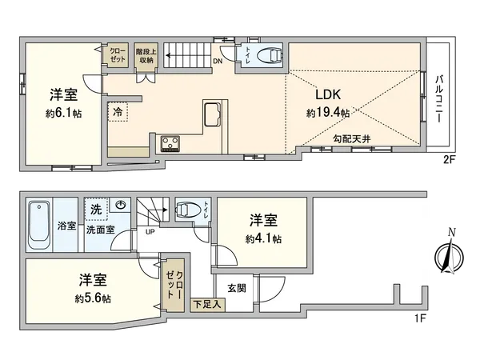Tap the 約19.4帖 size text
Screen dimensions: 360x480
[x=328, y=114]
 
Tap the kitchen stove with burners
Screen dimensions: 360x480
[x=171, y=143]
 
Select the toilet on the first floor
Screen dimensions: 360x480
[x=190, y=210]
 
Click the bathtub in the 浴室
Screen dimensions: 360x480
[x=38, y=216]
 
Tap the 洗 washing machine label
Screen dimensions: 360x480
[x=95, y=209]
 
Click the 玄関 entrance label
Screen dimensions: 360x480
[x=236, y=288]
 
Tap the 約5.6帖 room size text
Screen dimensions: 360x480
[x=93, y=298]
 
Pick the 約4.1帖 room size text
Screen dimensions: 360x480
[x=263, y=238]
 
